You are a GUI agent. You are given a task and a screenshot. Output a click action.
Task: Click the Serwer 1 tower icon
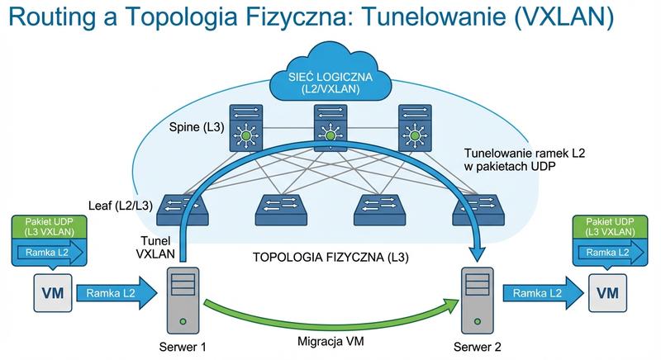183,298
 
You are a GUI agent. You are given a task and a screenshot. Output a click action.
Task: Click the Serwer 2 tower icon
477,298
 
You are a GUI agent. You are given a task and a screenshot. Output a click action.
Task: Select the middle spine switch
330,126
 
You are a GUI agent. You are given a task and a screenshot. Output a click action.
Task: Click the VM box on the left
48,292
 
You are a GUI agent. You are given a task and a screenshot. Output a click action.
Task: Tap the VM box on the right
607,292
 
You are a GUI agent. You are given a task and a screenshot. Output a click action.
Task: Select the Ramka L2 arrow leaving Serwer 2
540,292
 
